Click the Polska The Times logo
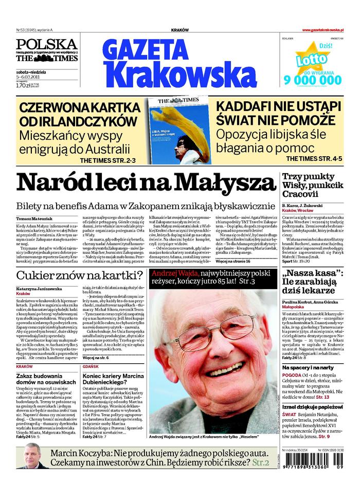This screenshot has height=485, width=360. (x=46, y=50)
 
